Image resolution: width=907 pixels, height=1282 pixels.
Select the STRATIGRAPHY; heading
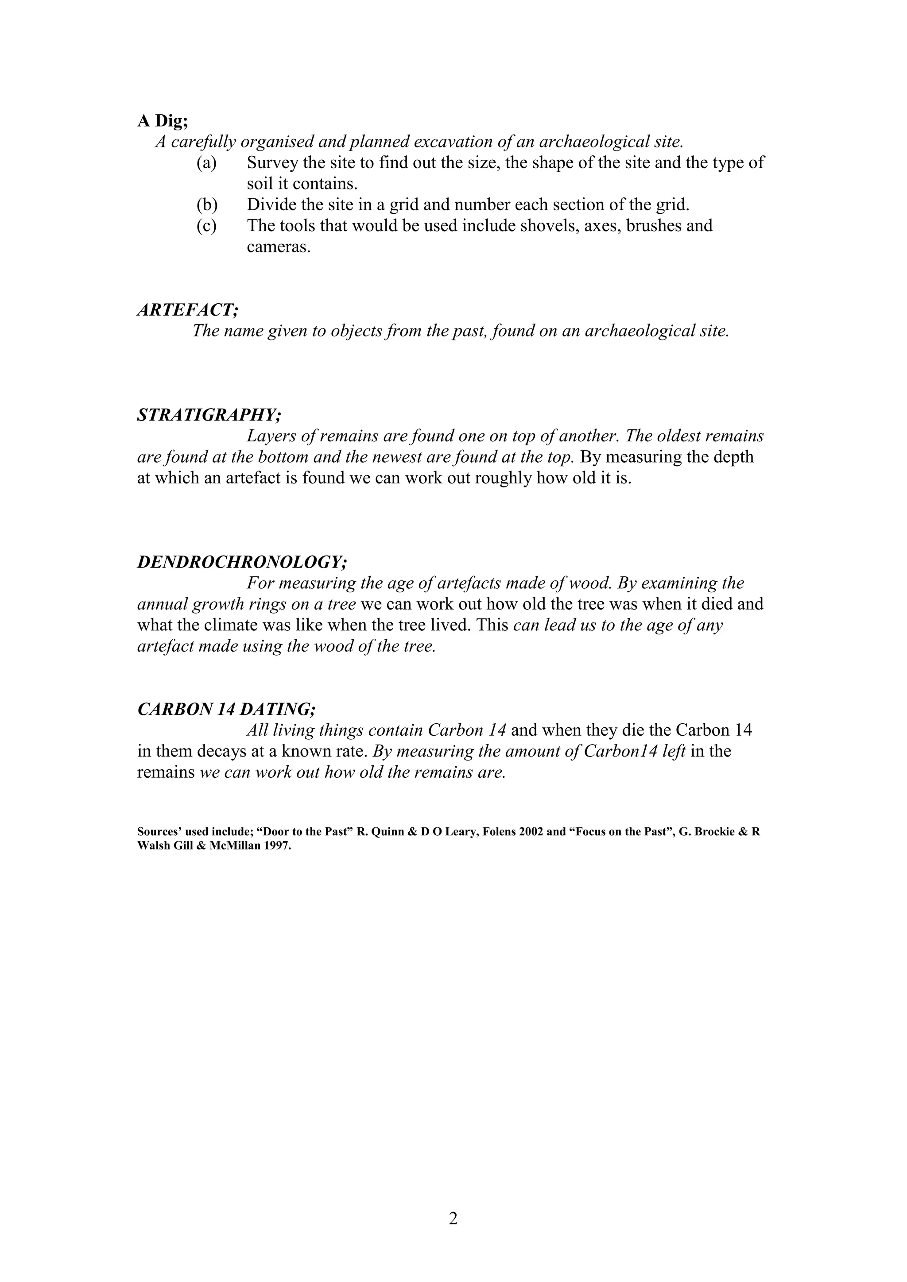pos(209,415)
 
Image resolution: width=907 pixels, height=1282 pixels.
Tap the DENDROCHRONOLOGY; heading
pos(242,562)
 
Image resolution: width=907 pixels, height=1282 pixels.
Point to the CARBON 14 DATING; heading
pos(227,709)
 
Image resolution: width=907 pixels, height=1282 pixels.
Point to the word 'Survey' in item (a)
pos(272,163)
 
